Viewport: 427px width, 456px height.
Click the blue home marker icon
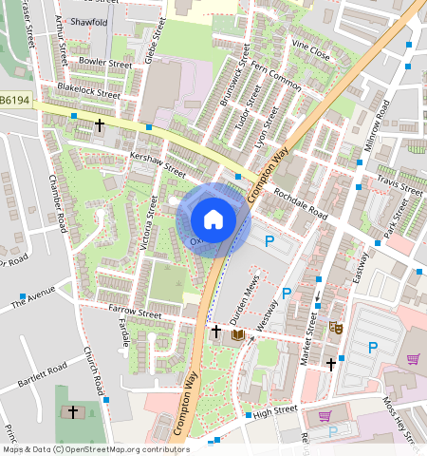coord(213,219)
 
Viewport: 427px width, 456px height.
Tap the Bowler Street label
coord(105,64)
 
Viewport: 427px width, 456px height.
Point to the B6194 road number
coord(13,99)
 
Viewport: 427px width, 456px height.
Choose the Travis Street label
coord(399,182)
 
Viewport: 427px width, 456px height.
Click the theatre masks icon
coord(335,326)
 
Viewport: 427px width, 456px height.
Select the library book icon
coord(237,334)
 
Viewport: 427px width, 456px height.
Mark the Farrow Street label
coord(136,311)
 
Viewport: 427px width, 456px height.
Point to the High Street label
coord(276,409)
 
